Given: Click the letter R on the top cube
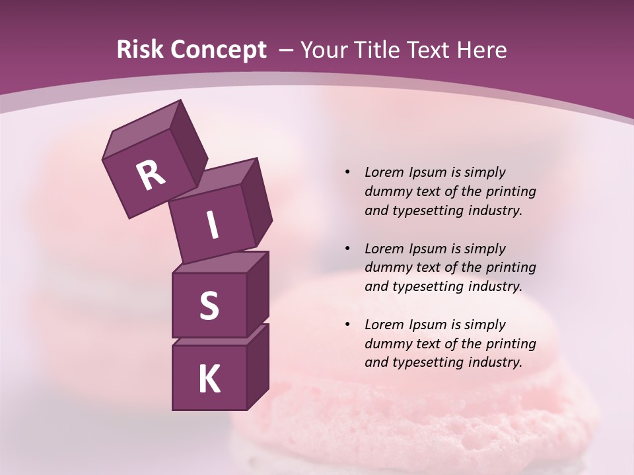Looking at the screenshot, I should pyautogui.click(x=151, y=175).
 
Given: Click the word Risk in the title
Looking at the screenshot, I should pyautogui.click(x=139, y=50).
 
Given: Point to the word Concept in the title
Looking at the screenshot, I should pyautogui.click(x=218, y=50).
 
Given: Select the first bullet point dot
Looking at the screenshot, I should pyautogui.click(x=347, y=172).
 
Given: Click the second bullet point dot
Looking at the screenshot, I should pyautogui.click(x=347, y=249).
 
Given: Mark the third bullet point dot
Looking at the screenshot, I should pyautogui.click(x=347, y=325).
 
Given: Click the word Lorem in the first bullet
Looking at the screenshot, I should pyautogui.click(x=384, y=172).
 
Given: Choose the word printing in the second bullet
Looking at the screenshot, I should pyautogui.click(x=511, y=267).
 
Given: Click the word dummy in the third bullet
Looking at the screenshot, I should pyautogui.click(x=386, y=344).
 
